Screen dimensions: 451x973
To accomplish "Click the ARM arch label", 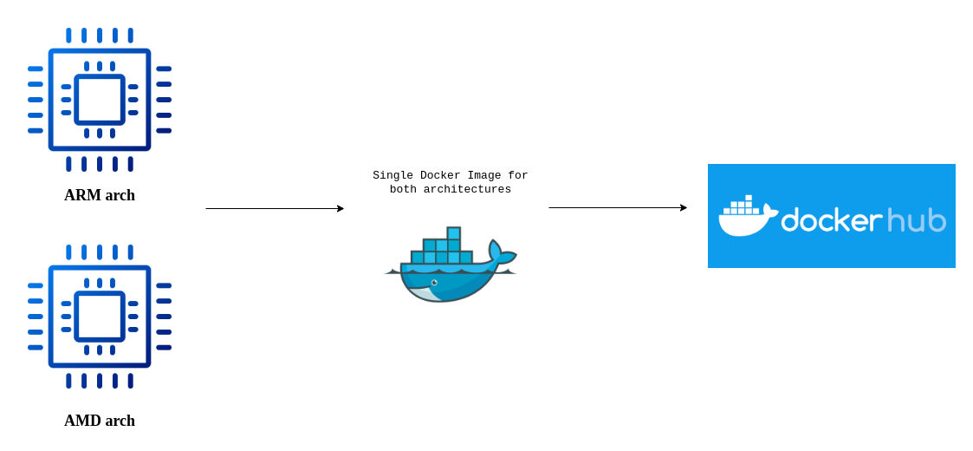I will (100, 195).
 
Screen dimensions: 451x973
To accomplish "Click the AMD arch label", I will (100, 421).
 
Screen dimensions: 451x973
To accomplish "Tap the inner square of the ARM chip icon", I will (100, 100).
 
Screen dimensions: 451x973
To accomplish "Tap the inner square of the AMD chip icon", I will (100, 317).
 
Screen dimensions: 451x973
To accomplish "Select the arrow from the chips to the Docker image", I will (273, 208).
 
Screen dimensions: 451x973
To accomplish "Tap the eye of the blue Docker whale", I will (434, 282).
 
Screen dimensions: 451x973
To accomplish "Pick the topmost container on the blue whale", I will (453, 233).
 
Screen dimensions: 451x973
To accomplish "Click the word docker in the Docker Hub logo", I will (831, 220).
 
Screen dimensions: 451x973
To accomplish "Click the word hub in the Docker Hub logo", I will (916, 219).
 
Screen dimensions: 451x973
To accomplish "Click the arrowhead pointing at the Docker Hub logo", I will (684, 207).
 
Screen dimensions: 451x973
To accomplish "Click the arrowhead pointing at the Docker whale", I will (341, 208).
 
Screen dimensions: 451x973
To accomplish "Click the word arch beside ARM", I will (120, 195).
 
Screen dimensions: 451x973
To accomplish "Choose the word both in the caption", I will (404, 189).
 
